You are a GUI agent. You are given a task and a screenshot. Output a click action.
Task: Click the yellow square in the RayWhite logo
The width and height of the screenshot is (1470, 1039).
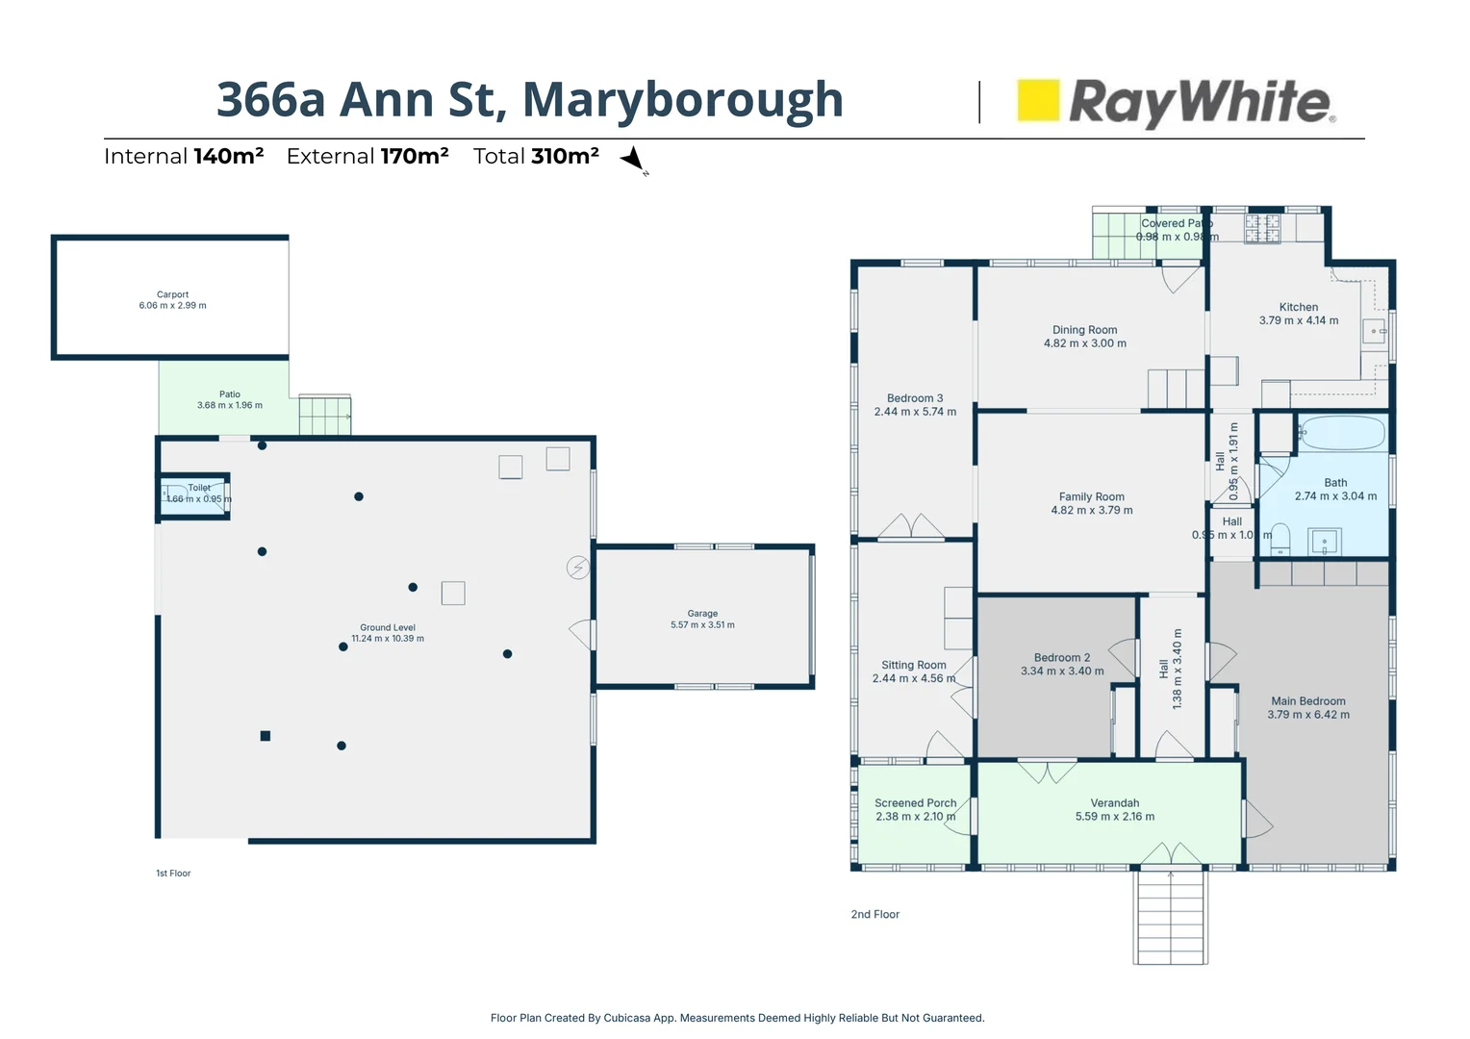click(x=1038, y=100)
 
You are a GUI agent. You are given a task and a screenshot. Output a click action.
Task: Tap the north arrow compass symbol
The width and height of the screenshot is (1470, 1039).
click(x=633, y=159)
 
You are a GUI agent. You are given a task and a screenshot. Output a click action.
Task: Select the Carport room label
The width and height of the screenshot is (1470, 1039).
click(x=172, y=300)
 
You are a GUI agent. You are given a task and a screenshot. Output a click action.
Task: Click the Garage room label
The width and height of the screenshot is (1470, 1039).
click(x=702, y=619)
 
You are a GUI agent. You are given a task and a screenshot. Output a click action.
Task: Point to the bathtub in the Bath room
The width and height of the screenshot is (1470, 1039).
click(x=1342, y=433)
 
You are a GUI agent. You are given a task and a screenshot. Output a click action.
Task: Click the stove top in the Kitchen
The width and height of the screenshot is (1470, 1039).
click(x=1262, y=228)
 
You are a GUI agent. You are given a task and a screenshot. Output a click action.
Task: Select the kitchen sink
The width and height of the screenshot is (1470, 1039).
click(x=1374, y=331)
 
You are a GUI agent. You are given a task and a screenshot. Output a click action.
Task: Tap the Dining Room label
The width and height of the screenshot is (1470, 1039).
click(x=1084, y=336)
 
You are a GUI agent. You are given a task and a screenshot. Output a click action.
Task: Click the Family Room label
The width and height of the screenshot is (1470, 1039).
click(x=1091, y=503)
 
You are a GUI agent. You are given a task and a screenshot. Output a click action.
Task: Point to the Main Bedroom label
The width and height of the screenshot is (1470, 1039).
click(x=1307, y=707)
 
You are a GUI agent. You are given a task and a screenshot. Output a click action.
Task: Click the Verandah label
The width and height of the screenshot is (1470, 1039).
click(x=1114, y=809)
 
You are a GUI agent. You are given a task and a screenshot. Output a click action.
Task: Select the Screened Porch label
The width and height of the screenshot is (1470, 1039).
click(x=915, y=809)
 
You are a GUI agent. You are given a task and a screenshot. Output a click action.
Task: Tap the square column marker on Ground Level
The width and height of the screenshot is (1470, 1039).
click(x=266, y=736)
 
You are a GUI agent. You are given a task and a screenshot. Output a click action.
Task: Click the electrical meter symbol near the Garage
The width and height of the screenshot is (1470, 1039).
click(x=577, y=568)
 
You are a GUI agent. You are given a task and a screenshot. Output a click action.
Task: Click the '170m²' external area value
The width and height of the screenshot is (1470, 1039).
click(x=415, y=156)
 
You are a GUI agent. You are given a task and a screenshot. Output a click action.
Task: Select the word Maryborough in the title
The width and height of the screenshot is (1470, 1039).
click(x=682, y=99)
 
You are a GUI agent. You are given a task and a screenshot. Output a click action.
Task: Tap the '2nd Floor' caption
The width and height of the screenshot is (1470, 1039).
click(x=874, y=914)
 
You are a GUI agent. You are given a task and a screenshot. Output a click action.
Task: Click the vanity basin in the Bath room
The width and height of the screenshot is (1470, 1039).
click(x=1325, y=543)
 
